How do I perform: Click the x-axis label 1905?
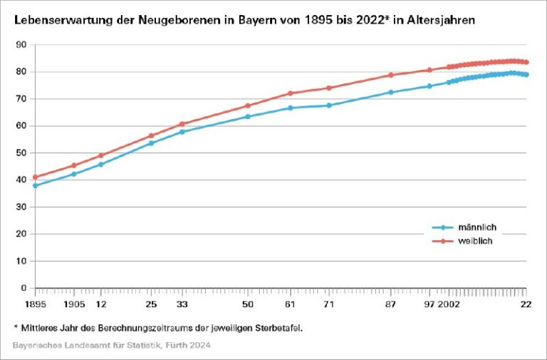point(74,304)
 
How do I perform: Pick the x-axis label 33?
point(182,304)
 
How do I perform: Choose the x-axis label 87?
point(390,304)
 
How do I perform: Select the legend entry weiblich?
point(475,241)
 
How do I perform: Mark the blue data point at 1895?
point(35,185)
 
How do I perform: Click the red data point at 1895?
point(35,177)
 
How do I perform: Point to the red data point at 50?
point(248,106)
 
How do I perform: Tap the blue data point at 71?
point(329,106)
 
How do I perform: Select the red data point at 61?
point(290,93)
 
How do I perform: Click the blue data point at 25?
point(151,143)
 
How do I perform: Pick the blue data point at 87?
point(390,92)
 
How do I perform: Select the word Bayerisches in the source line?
point(36,346)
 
